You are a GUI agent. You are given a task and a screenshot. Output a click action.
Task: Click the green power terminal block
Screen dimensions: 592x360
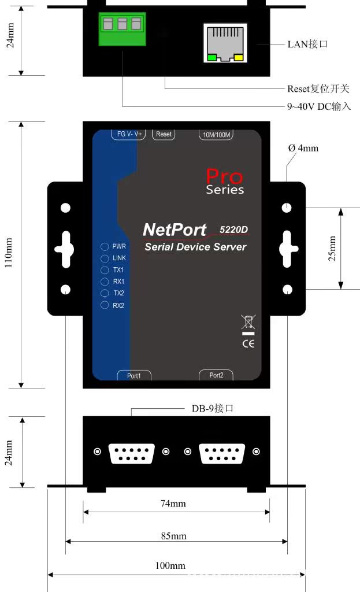point(121,29)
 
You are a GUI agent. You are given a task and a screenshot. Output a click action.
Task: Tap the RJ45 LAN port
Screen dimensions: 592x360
point(225,43)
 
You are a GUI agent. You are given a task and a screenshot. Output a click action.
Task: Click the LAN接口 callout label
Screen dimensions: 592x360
point(307,44)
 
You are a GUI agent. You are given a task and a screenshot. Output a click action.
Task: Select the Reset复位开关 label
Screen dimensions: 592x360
point(318,89)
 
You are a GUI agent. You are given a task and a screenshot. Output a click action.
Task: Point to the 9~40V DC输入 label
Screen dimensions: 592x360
point(319,106)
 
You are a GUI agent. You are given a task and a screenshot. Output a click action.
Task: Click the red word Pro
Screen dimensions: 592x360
point(225,176)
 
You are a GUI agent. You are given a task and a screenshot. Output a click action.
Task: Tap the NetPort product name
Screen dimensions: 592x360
point(175,230)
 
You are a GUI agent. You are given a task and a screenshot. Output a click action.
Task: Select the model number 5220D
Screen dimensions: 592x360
point(234,230)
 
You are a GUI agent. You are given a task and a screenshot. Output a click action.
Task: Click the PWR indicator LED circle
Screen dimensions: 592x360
point(105,247)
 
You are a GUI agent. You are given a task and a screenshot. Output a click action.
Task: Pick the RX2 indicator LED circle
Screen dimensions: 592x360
point(105,305)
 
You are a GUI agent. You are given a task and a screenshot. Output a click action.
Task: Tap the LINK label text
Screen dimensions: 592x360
point(119,258)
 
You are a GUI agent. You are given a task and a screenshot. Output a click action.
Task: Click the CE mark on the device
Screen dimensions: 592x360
point(248,343)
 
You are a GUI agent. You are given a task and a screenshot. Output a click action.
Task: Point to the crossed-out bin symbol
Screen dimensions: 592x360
point(248,322)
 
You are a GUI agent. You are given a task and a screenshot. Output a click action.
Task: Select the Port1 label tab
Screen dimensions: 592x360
point(133,375)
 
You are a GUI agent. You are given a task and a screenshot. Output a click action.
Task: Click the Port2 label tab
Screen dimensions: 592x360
point(216,375)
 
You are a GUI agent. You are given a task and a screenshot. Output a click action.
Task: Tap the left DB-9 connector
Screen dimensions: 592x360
point(132,452)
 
